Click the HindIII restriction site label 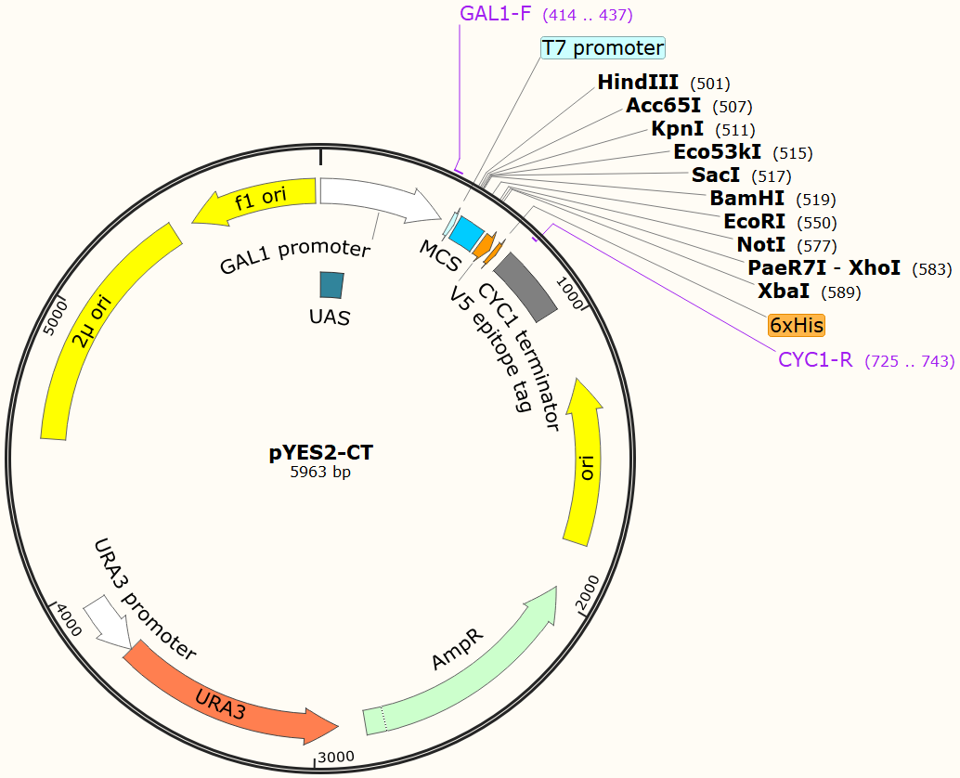(638, 83)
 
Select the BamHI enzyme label (747, 198)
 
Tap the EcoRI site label (755, 221)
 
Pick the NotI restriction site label (761, 244)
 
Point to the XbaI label (785, 291)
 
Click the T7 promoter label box (603, 48)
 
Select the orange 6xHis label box (797, 326)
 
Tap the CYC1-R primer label (815, 360)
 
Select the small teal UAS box (331, 285)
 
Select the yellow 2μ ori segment (102, 334)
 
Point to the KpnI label (678, 129)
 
